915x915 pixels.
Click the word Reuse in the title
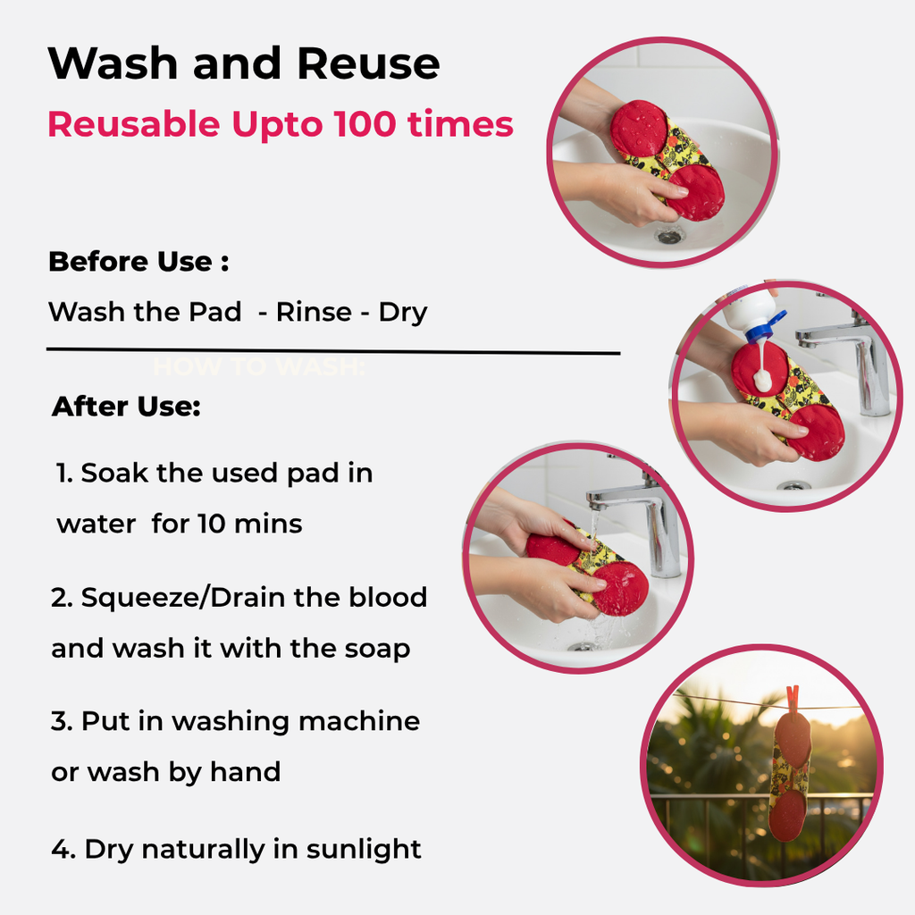(368, 63)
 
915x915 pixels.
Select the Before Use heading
(139, 262)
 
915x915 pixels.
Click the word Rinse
(314, 312)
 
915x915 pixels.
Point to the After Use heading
(126, 407)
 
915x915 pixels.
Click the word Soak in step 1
(114, 473)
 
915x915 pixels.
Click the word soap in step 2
(377, 649)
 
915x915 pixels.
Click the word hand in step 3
(245, 771)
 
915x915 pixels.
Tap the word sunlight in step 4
(363, 849)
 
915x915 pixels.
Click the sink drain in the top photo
(668, 236)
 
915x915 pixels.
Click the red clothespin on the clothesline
(793, 700)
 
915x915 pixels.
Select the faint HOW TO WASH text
(258, 367)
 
